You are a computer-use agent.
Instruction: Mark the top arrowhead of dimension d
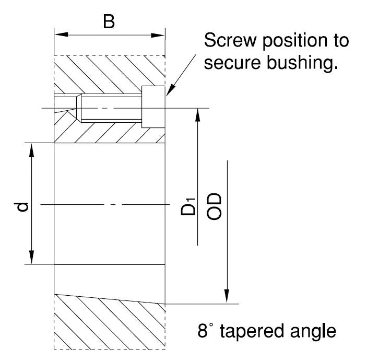[32, 149]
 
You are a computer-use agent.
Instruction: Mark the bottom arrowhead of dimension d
[32, 259]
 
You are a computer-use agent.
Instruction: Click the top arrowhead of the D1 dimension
[198, 114]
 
